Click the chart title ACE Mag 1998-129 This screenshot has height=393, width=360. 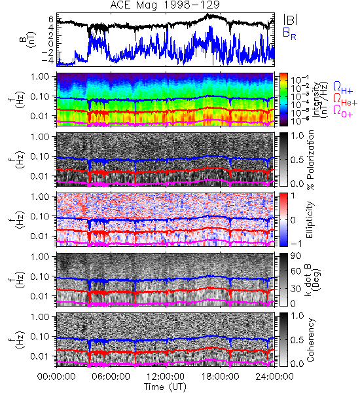click(x=165, y=5)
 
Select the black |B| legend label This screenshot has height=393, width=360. click(x=291, y=20)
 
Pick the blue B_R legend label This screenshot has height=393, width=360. click(x=289, y=33)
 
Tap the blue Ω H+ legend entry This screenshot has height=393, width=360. click(x=343, y=88)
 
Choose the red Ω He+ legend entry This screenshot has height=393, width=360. click(x=345, y=99)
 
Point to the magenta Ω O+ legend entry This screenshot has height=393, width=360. click(x=343, y=111)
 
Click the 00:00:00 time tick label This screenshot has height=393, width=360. click(x=56, y=377)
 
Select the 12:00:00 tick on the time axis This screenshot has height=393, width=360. click(x=166, y=377)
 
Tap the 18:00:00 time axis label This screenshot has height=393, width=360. click(x=220, y=377)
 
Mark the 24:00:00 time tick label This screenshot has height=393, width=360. click(x=274, y=377)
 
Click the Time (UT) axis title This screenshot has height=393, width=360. click(x=165, y=387)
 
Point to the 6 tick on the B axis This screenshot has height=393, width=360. click(x=51, y=19)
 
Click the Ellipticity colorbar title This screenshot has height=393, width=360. click(x=310, y=219)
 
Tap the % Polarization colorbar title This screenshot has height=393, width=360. click(x=310, y=160)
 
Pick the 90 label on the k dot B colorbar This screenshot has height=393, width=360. click(x=296, y=256)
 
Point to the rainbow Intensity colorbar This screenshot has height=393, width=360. click(x=283, y=100)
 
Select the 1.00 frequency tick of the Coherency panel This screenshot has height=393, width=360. click(x=41, y=316)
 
